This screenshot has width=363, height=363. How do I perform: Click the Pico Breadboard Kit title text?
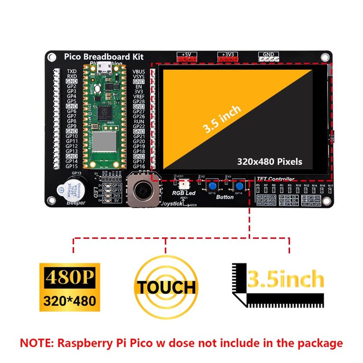point(103,57)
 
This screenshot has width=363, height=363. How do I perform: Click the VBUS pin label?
point(139,72)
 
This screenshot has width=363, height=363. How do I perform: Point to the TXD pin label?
point(72,72)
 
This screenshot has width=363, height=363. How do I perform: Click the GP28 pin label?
point(139,102)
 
